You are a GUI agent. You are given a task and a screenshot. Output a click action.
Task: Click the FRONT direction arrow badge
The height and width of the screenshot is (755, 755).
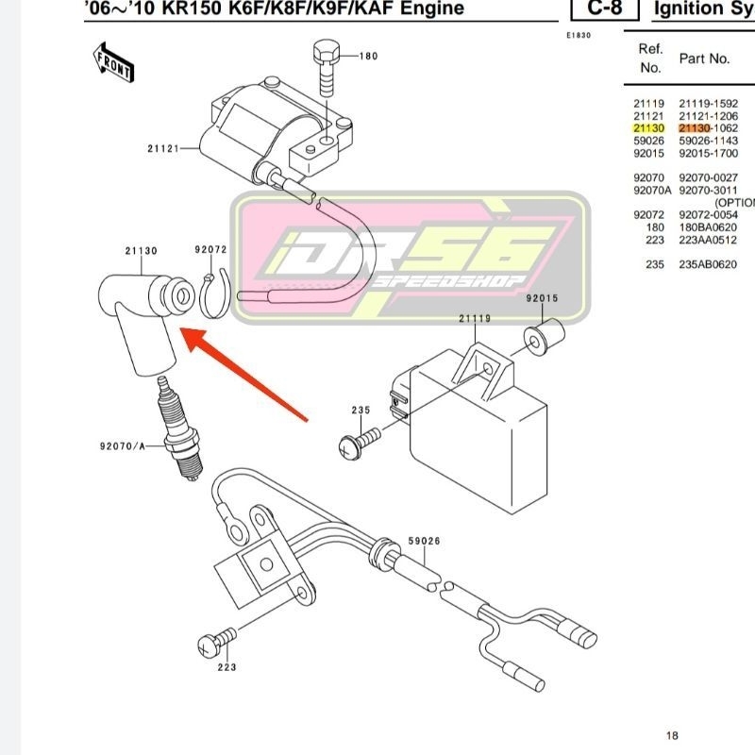112,64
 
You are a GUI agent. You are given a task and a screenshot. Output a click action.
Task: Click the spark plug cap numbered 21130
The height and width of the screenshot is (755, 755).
142,315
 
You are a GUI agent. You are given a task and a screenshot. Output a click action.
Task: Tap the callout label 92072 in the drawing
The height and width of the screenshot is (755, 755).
211,250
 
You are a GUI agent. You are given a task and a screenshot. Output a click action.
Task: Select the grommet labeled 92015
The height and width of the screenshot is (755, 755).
544,334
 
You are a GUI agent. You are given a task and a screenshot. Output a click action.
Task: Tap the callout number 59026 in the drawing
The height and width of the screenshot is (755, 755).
424,542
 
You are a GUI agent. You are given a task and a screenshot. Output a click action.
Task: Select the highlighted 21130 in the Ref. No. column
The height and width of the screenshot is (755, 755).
648,127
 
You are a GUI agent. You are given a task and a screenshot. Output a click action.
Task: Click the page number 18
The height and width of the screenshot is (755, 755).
671,735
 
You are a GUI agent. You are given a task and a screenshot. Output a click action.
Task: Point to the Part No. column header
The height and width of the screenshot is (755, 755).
704,59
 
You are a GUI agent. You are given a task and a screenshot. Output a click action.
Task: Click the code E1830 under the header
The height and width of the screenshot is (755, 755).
578,35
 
